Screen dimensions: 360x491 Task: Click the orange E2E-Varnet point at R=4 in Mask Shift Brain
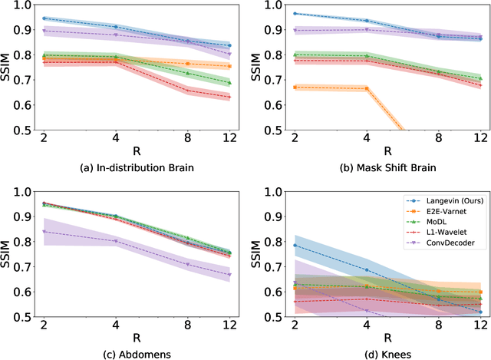(367, 88)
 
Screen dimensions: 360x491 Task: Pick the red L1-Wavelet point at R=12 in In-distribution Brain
(229, 97)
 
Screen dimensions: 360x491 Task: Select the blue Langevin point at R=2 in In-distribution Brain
(43, 18)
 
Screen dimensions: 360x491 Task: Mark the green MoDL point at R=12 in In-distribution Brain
(229, 83)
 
